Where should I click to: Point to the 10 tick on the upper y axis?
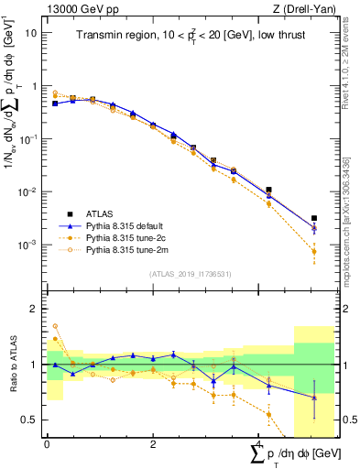click(x=31, y=32)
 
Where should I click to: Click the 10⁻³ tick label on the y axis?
click(x=29, y=245)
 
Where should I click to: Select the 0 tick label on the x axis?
click(x=47, y=444)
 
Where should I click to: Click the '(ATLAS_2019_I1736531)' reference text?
click(x=190, y=274)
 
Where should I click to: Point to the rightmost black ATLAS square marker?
click(x=314, y=218)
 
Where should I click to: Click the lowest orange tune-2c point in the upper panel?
click(x=314, y=251)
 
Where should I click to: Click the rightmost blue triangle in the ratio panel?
click(x=314, y=398)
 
